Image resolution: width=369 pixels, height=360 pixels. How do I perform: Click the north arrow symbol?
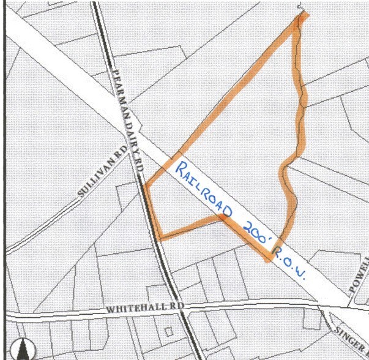click(x=24, y=348)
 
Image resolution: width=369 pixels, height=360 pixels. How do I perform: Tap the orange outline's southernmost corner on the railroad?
click(x=267, y=259)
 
